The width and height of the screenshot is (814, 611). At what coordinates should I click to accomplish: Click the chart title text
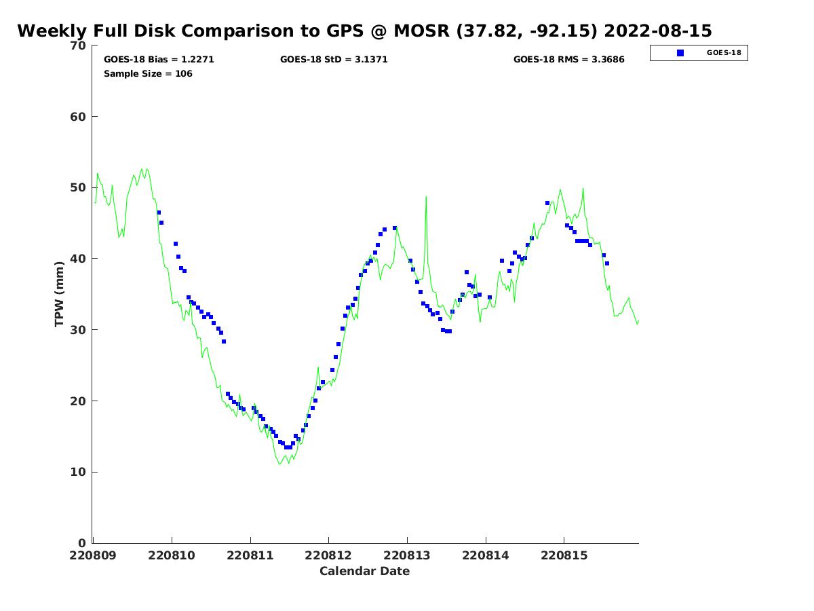click(364, 31)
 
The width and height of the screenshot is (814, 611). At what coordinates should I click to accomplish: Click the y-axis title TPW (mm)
click(60, 294)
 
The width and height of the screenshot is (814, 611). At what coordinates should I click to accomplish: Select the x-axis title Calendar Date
click(364, 571)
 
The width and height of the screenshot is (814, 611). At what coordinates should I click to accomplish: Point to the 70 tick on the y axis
click(79, 46)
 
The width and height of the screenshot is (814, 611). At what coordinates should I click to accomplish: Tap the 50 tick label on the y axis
click(79, 188)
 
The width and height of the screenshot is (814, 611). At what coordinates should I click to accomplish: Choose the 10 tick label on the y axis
click(79, 472)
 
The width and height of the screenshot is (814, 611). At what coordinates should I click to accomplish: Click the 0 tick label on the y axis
click(83, 543)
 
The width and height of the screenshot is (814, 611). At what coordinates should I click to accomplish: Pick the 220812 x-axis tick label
click(328, 555)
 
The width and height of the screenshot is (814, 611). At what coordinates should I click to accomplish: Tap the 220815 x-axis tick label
click(564, 555)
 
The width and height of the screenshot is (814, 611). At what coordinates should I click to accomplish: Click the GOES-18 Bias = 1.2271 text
click(159, 60)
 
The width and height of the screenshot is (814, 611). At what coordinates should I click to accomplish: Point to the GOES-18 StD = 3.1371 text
click(334, 60)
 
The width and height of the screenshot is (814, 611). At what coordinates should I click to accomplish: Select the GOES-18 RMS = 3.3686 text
click(568, 60)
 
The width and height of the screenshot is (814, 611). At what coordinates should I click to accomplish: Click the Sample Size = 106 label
click(148, 73)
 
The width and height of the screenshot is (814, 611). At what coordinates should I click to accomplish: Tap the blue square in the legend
click(680, 53)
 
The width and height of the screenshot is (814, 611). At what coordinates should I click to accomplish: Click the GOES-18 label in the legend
click(724, 53)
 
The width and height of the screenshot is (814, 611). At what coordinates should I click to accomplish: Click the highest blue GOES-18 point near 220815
click(547, 203)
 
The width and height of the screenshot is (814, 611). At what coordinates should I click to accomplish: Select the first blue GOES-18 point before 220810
click(159, 212)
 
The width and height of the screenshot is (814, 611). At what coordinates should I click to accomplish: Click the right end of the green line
click(638, 321)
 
